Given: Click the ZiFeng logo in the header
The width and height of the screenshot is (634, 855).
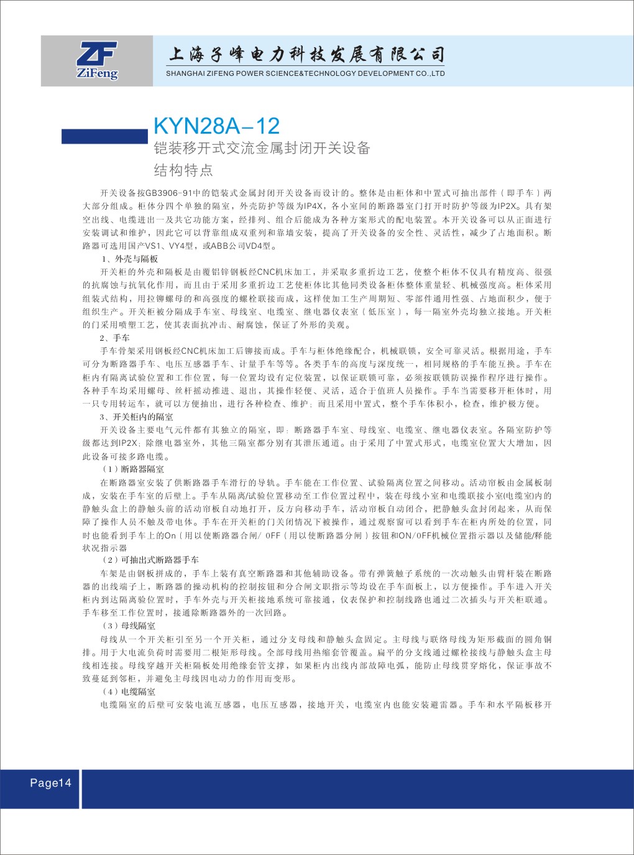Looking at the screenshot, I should [98, 60].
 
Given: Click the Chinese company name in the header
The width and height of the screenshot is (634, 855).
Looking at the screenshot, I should [306, 55].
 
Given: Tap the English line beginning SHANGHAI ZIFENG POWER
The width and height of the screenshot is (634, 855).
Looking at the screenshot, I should [305, 73].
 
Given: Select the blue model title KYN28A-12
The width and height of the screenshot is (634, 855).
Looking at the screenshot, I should [216, 126].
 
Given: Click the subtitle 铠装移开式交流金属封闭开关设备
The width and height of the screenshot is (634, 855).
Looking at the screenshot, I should [262, 148].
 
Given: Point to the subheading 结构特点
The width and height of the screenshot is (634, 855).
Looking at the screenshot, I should [183, 170].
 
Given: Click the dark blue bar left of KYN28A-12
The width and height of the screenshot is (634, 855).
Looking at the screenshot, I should [104, 136].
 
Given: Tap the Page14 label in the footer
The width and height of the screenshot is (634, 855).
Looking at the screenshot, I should [50, 783].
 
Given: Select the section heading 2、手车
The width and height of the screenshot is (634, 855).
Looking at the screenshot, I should [114, 338].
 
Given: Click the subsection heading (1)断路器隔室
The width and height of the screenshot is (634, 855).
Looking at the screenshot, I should [134, 469].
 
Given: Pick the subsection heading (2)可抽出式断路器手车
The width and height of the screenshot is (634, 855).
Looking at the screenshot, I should [151, 560].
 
